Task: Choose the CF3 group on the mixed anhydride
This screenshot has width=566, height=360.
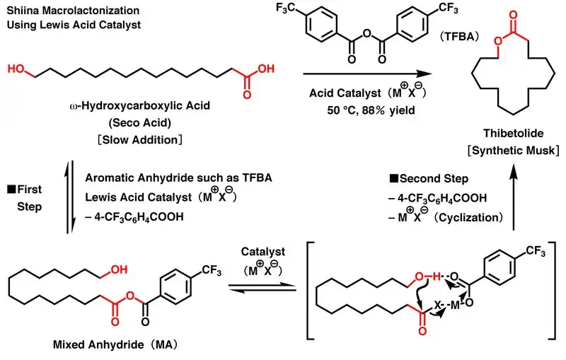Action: pyautogui.click(x=213, y=269)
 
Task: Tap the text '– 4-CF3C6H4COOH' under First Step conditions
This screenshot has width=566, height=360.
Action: pyautogui.click(x=129, y=217)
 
